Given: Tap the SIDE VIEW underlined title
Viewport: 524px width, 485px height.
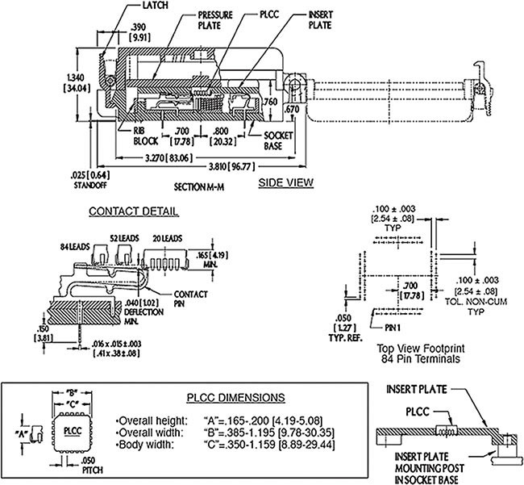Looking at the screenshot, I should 285,183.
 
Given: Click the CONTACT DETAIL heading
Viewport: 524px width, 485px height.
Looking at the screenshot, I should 133,211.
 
